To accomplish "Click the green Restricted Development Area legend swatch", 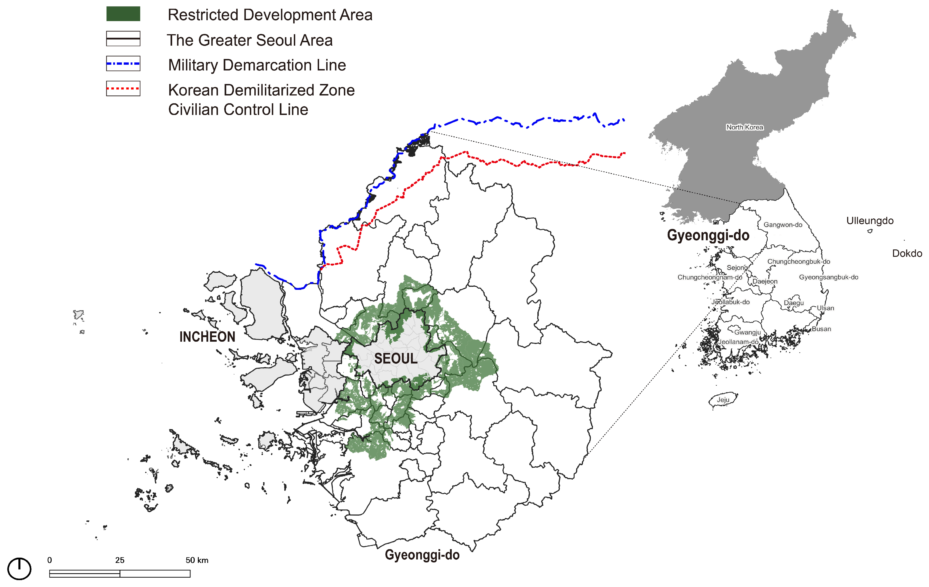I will pyautogui.click(x=123, y=14).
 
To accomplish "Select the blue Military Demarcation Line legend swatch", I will pyautogui.click(x=123, y=64).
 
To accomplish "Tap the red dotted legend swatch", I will pyautogui.click(x=123, y=88).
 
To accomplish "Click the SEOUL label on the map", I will pyautogui.click(x=396, y=359).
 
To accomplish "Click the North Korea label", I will pyautogui.click(x=745, y=127).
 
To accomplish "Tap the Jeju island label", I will pyautogui.click(x=723, y=400).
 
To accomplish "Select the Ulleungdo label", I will pyautogui.click(x=870, y=221).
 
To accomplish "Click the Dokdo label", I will pyautogui.click(x=907, y=253).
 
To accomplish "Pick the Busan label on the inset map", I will pyautogui.click(x=821, y=329).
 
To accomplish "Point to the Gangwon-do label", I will pyautogui.click(x=783, y=225).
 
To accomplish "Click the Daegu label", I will pyautogui.click(x=794, y=303).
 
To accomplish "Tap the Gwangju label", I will pyautogui.click(x=747, y=333).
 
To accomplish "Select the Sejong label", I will pyautogui.click(x=737, y=268).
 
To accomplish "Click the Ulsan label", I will pyautogui.click(x=825, y=308).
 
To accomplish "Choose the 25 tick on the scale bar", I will pyautogui.click(x=120, y=560).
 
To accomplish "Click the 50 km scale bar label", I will pyautogui.click(x=197, y=560).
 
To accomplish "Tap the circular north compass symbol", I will pyautogui.click(x=19, y=568).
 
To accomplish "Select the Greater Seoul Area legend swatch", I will pyautogui.click(x=123, y=39).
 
